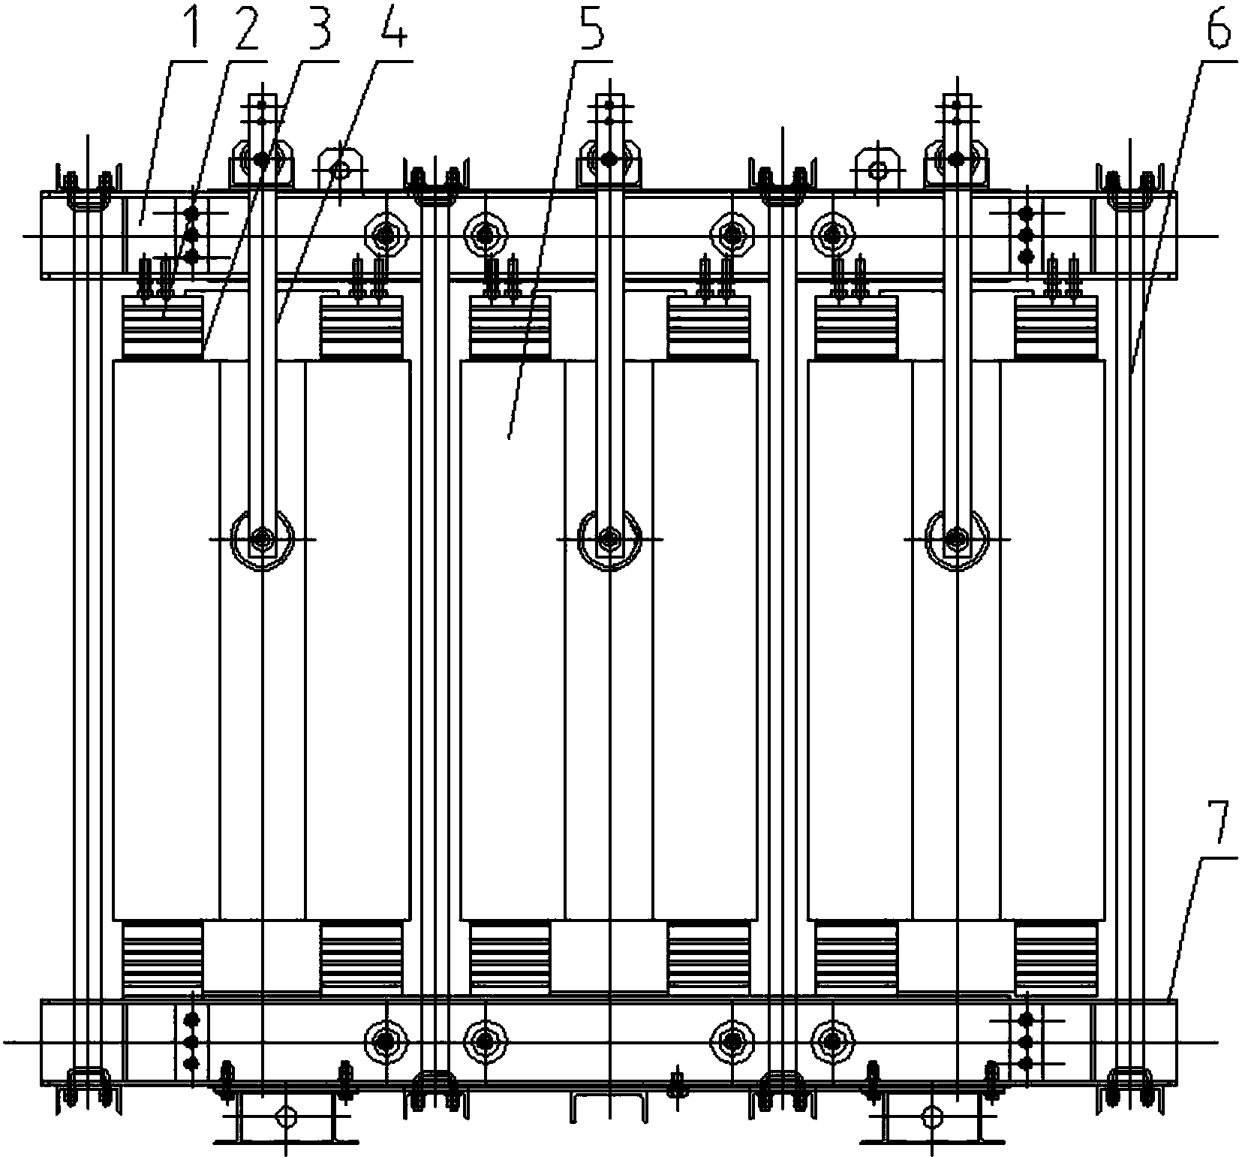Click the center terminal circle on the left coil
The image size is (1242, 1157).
262,538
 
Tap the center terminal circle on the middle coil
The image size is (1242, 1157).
609,538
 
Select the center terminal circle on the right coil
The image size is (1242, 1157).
956,538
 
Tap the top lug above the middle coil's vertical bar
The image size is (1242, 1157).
609,160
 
